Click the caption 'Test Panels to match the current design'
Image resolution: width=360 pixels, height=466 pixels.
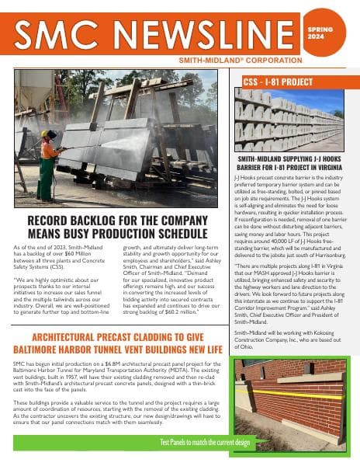click(205, 442)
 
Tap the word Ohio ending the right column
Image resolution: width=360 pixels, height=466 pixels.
click(247, 346)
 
